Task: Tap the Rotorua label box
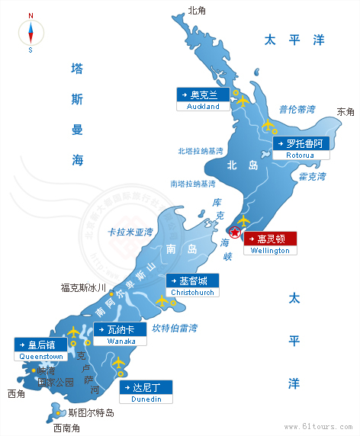(x=301, y=148)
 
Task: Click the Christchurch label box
(x=193, y=285)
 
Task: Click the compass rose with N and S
(x=31, y=33)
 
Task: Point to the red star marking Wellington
(x=236, y=232)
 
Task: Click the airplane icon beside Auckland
(x=243, y=99)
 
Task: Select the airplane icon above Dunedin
(x=118, y=364)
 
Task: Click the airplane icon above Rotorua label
(x=268, y=126)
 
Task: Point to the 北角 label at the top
(x=197, y=11)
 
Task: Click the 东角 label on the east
(x=346, y=112)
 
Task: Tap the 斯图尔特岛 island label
(x=91, y=413)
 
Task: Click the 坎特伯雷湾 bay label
(x=175, y=329)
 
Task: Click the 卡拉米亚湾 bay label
(x=130, y=232)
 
